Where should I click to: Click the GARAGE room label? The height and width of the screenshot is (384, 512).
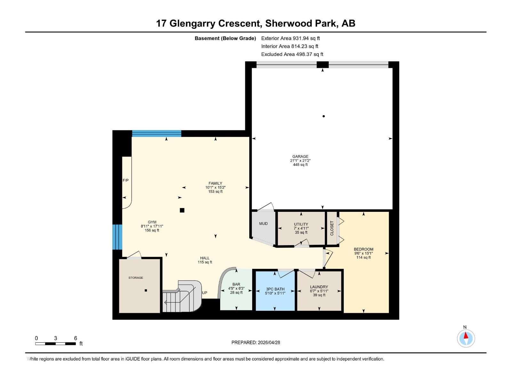tap(300, 156)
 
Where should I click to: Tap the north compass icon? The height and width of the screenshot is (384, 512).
tap(466, 338)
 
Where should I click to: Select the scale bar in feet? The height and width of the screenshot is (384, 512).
tap(56, 343)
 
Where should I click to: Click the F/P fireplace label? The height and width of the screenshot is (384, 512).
tap(126, 180)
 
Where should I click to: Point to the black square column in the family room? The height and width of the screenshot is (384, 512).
tap(182, 210)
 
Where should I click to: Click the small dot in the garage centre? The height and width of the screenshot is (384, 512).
tap(324, 116)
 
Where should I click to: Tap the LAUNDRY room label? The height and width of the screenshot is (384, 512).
tap(319, 287)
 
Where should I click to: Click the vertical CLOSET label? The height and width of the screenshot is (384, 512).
tap(332, 228)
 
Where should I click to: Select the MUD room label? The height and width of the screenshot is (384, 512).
tap(263, 224)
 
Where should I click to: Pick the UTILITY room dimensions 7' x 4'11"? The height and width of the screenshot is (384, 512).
tap(301, 228)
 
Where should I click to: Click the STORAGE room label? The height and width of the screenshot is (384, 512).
tap(136, 278)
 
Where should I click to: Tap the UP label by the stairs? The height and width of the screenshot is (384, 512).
tap(204, 293)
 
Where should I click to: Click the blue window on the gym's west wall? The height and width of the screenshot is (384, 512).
tap(117, 237)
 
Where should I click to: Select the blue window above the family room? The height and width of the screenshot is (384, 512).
tap(156, 133)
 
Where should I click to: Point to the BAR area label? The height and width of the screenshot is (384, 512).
tap(236, 284)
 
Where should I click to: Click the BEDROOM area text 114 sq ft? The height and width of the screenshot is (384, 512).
tap(364, 257)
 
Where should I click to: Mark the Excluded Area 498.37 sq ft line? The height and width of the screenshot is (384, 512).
tap(292, 54)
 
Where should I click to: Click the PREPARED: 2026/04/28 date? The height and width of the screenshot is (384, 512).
tap(256, 342)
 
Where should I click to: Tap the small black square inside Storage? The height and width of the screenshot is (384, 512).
tap(146, 291)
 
